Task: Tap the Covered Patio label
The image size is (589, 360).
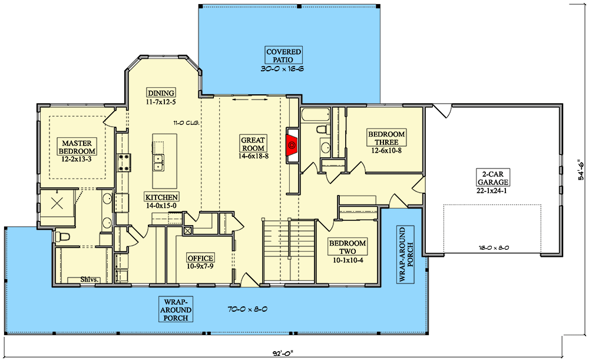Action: tap(284, 55)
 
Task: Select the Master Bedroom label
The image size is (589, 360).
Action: tap(77, 147)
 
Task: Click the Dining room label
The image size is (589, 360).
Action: tap(161, 93)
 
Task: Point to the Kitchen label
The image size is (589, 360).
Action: tap(161, 197)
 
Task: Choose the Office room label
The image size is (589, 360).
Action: tap(200, 258)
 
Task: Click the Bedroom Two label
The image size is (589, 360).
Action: tap(348, 247)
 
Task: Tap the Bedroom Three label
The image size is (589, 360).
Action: tap(386, 138)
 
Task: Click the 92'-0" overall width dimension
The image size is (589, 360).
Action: tap(283, 354)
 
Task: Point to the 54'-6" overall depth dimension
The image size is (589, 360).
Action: tap(581, 171)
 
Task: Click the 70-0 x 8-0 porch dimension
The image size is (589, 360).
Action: tap(247, 310)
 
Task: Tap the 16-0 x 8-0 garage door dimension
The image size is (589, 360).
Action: tap(494, 247)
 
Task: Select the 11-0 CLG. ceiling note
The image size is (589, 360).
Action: tap(186, 123)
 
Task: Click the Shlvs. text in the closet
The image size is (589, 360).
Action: tap(90, 280)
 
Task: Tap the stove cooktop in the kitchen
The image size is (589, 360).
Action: tap(124, 163)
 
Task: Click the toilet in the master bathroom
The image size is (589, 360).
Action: tap(62, 237)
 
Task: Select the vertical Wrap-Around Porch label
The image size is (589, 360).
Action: tap(406, 255)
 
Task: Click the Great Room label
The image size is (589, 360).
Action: tap(253, 144)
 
